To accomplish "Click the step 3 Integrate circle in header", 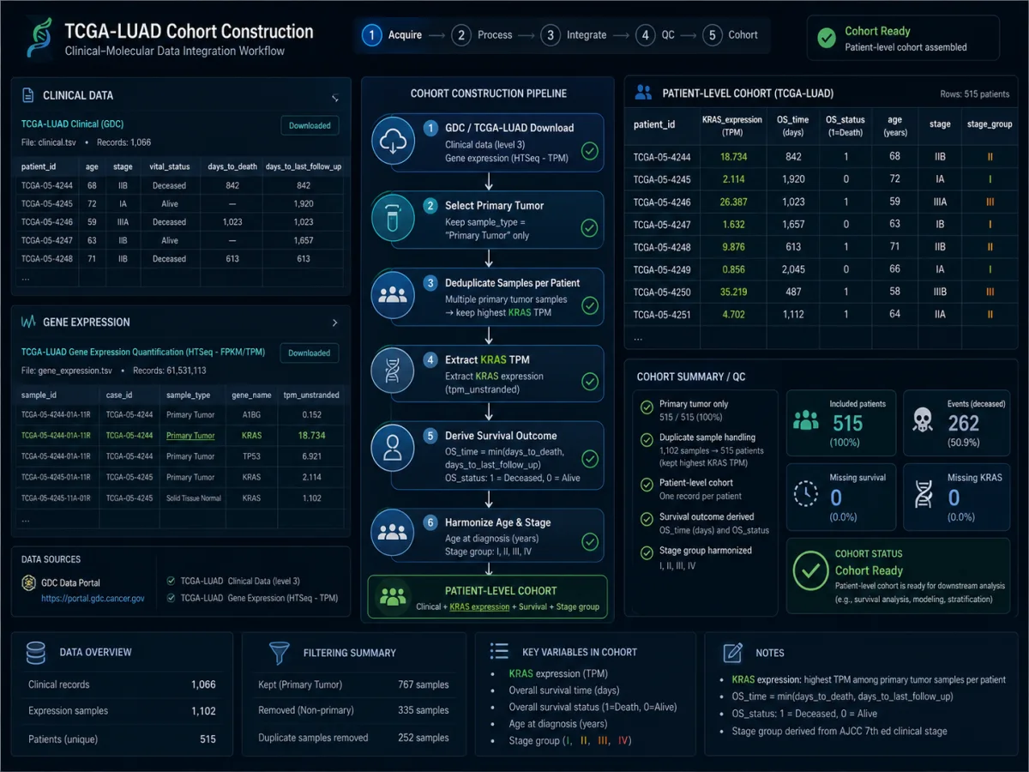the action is (551, 35).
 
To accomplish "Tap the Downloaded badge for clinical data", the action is (310, 125).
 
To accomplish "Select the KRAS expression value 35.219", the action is (733, 292).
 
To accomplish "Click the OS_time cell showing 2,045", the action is (793, 269).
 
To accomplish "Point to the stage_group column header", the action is (990, 124).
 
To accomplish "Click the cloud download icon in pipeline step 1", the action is (393, 141).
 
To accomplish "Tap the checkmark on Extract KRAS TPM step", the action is (590, 382).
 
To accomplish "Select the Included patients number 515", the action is (847, 423).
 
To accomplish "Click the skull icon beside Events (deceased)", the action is (923, 420).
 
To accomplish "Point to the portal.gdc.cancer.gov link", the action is (93, 599).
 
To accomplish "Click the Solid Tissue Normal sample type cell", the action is (193, 498).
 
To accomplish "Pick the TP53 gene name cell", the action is (252, 456).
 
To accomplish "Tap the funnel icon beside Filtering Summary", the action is (279, 653).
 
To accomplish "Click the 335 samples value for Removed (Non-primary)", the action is (423, 710).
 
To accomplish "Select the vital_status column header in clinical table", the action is (169, 167).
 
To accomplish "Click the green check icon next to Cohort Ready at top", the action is (827, 38).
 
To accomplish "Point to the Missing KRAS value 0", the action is (954, 498).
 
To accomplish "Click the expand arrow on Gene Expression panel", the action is (334, 323).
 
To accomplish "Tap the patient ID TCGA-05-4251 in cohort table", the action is (661, 315).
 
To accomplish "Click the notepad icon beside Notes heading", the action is (732, 653).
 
